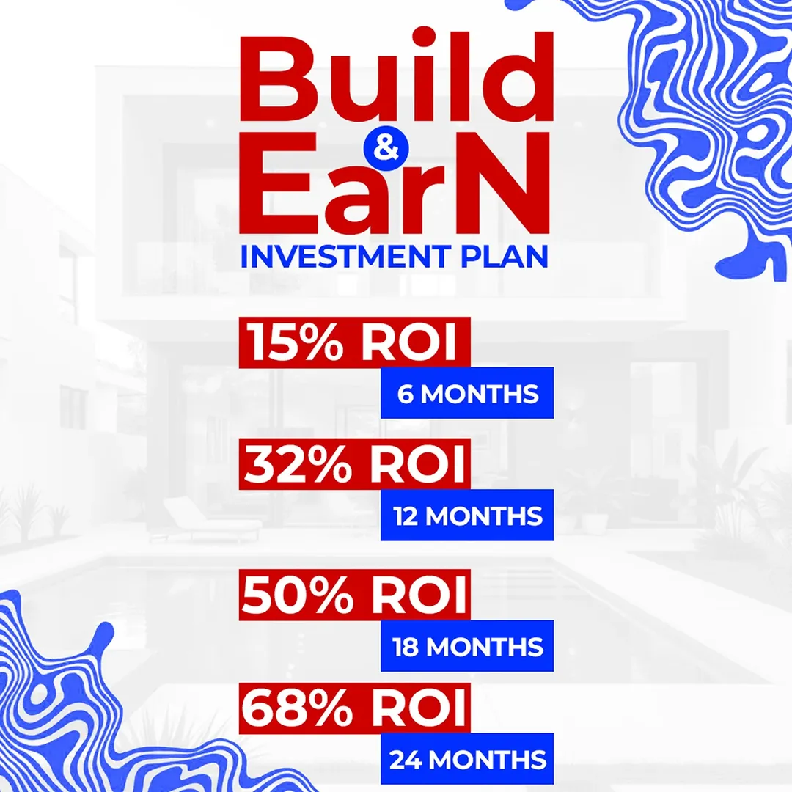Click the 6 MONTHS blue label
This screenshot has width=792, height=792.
(x=467, y=394)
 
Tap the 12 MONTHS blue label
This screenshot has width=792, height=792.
(x=467, y=516)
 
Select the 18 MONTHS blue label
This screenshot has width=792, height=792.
(x=467, y=647)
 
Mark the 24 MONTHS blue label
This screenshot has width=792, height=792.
(x=467, y=759)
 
